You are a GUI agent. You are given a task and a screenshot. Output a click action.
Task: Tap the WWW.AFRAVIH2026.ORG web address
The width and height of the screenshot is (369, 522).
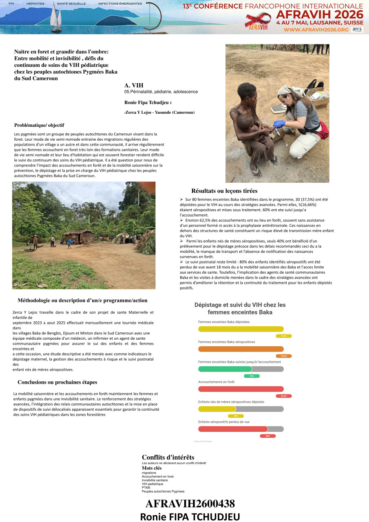(x=316, y=30)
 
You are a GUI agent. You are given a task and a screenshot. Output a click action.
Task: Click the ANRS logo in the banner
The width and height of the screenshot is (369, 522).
(x=357, y=30)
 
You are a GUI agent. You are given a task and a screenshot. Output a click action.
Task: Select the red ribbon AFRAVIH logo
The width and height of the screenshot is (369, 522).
(x=258, y=20)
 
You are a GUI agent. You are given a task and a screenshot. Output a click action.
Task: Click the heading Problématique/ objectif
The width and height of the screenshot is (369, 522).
(x=39, y=125)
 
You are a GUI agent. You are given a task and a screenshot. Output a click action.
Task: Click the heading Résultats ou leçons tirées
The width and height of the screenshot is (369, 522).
(x=224, y=191)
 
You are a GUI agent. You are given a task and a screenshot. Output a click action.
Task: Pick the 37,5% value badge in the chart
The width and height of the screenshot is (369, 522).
(x=284, y=336)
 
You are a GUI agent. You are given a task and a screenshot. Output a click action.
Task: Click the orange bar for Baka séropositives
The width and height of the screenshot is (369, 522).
(x=241, y=349)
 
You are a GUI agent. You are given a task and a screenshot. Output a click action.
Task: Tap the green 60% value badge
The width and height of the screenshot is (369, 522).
(x=252, y=376)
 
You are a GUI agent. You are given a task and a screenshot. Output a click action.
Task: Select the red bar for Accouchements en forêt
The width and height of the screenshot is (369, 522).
(x=241, y=389)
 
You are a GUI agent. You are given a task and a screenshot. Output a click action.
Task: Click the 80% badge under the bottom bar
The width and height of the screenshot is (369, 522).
(x=267, y=436)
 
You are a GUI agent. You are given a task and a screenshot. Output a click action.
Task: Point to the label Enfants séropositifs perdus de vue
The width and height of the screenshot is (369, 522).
(x=223, y=422)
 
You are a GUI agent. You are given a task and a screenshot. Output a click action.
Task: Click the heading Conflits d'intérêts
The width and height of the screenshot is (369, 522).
(x=168, y=457)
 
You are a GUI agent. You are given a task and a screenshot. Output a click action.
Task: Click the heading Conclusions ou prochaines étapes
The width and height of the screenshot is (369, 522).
(x=57, y=382)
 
